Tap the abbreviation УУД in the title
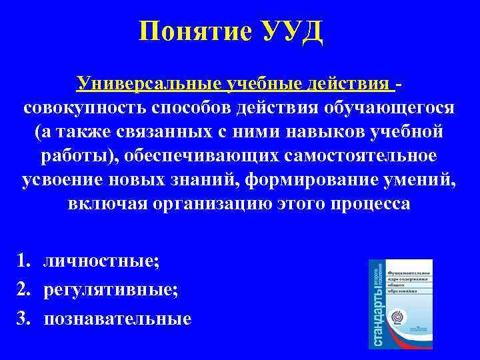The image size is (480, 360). (287, 31)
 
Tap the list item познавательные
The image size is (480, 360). (117, 319)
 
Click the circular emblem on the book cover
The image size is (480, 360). (398, 317)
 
